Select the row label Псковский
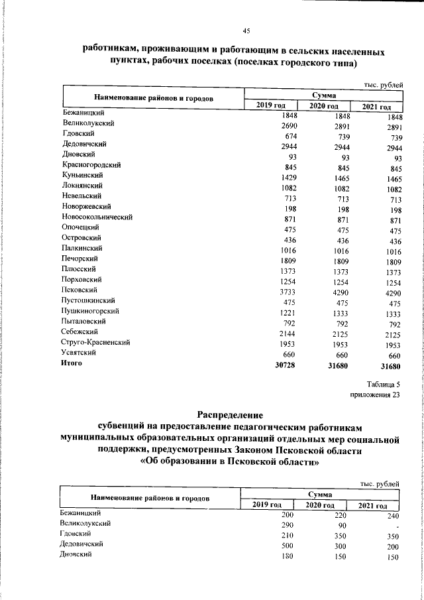[80, 290]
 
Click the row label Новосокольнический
[98, 217]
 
